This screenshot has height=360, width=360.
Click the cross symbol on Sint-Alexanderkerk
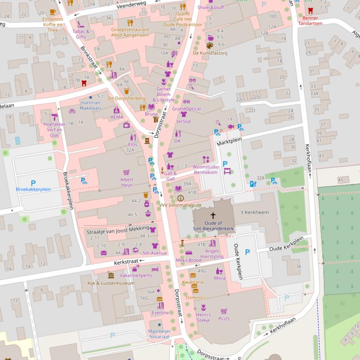[x=213, y=216]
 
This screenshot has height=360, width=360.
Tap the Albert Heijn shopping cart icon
[x=126, y=173]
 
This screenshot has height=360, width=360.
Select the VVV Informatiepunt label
[x=180, y=205]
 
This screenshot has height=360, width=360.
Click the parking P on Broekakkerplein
[x=33, y=183]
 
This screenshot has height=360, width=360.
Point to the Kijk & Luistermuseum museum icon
[x=111, y=275]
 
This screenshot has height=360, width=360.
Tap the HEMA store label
[x=117, y=117]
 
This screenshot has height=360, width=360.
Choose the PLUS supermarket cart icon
[x=224, y=311]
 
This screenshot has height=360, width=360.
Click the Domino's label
[x=196, y=297]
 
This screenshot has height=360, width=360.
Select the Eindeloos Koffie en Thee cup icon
[x=53, y=12]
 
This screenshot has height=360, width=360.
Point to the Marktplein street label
[x=231, y=140]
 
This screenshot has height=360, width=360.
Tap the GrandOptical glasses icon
[x=186, y=101]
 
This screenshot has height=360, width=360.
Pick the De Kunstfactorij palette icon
[x=210, y=45]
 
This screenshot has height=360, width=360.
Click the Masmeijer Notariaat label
[x=159, y=333]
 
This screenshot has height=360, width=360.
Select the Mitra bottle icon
[x=219, y=271]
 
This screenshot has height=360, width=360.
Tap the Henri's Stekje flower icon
[x=203, y=308]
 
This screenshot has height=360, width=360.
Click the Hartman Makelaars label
[x=90, y=105]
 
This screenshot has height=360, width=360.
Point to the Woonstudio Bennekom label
[x=206, y=169]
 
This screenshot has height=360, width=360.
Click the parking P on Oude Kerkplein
[x=248, y=252]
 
